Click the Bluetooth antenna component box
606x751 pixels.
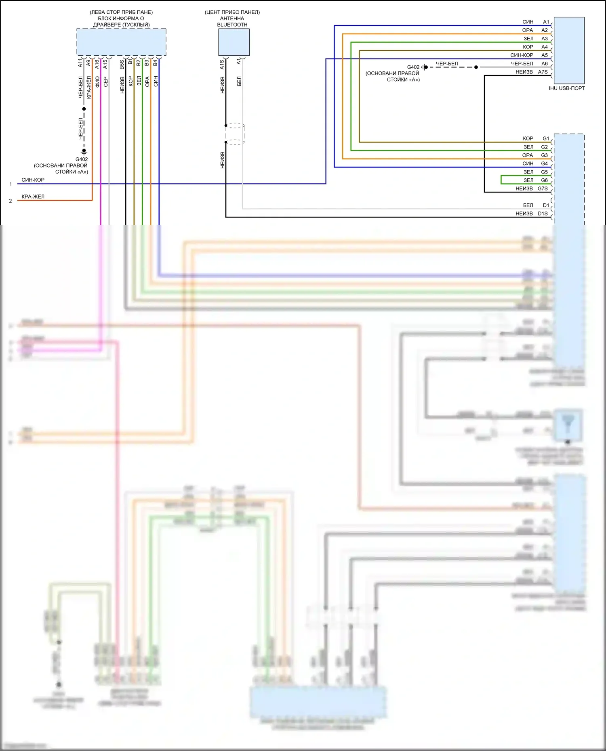coord(234,42)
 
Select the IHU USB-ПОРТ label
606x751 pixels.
coord(566,88)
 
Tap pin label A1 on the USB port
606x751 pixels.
coord(546,22)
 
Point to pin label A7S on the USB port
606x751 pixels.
coord(543,72)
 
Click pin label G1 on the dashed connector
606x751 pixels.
coord(546,138)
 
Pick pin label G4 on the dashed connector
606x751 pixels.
coord(544,163)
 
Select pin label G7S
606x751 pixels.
coord(543,188)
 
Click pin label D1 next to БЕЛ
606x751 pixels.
coord(546,205)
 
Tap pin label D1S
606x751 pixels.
coord(543,213)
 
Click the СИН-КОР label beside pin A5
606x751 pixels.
coord(522,55)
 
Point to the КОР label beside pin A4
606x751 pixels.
coord(528,47)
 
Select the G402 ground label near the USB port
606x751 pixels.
coord(413,67)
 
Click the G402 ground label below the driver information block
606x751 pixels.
coord(82,159)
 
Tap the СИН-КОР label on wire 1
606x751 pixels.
coord(33,180)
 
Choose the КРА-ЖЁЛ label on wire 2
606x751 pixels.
coord(33,197)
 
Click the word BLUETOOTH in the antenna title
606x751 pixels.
coord(232,25)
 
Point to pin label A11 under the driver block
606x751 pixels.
coord(80,63)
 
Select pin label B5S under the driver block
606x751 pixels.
coord(122,64)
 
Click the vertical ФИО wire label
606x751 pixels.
coord(97,82)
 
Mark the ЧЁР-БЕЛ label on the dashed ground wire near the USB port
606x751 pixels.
coord(447,64)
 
